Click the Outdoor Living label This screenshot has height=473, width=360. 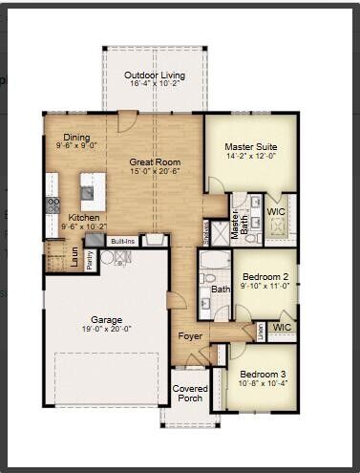155,75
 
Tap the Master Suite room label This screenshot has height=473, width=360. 250,147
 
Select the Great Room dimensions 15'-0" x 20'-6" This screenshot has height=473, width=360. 155,173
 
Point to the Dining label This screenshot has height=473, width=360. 76,138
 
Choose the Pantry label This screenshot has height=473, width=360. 90,259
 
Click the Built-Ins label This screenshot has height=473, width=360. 122,242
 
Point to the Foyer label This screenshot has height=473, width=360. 187,336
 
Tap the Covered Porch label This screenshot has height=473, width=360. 189,395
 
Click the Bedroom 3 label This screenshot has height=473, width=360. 260,374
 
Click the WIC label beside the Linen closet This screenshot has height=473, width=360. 282,327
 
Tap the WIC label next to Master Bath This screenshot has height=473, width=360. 277,211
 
